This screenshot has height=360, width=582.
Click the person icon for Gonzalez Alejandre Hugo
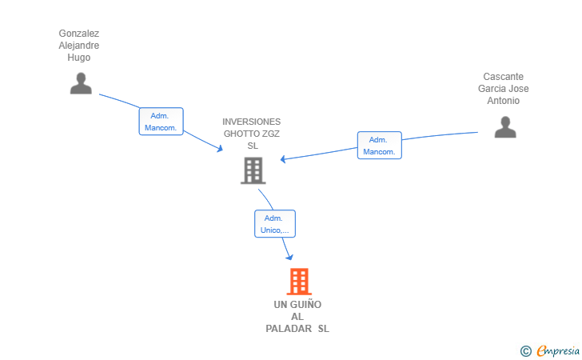coord(81,83)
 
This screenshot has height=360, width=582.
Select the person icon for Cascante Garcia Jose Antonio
coord(504,127)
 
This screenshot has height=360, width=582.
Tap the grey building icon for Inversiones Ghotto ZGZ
coord(253,170)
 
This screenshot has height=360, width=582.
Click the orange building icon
coord(298,282)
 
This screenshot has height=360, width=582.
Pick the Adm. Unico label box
coord(275,224)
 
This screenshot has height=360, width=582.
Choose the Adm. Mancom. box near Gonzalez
coord(161,122)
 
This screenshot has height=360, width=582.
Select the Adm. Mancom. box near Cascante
coord(379,146)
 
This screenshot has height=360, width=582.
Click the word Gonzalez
coord(79,34)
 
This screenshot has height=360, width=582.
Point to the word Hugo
coord(79,58)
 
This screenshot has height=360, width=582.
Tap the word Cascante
coord(504,77)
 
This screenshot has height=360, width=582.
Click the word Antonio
coord(504,101)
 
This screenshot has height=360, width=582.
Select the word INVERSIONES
coord(252,122)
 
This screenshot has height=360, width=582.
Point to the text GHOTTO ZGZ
coord(252,134)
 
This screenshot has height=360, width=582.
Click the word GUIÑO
coord(305,305)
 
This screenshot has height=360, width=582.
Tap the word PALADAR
coord(289,329)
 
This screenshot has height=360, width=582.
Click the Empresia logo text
coord(557,350)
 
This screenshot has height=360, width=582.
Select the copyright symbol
coord(525,350)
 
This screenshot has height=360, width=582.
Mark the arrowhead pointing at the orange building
coord(289,257)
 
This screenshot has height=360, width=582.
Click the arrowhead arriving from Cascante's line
coord(284,158)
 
